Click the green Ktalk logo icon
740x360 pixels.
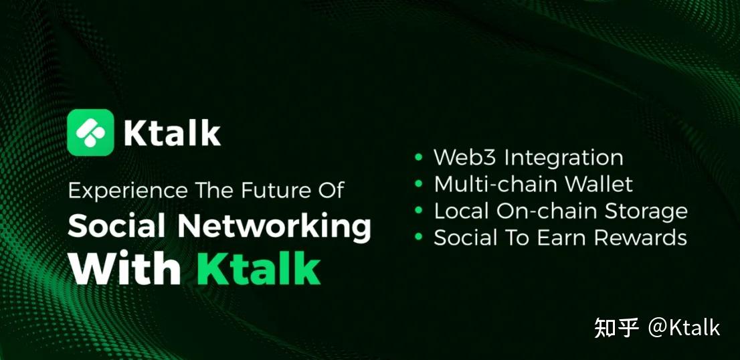click(x=91, y=132)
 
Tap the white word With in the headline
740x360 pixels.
click(x=125, y=268)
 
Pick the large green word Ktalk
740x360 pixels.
click(x=258, y=268)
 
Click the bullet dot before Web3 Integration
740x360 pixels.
click(x=419, y=158)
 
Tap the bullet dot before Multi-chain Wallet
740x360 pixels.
click(x=419, y=184)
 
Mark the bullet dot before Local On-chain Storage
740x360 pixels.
click(x=419, y=211)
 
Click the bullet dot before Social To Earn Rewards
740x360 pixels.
click(x=419, y=238)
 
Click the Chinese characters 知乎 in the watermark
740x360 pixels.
click(x=616, y=327)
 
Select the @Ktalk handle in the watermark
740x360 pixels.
click(x=684, y=327)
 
